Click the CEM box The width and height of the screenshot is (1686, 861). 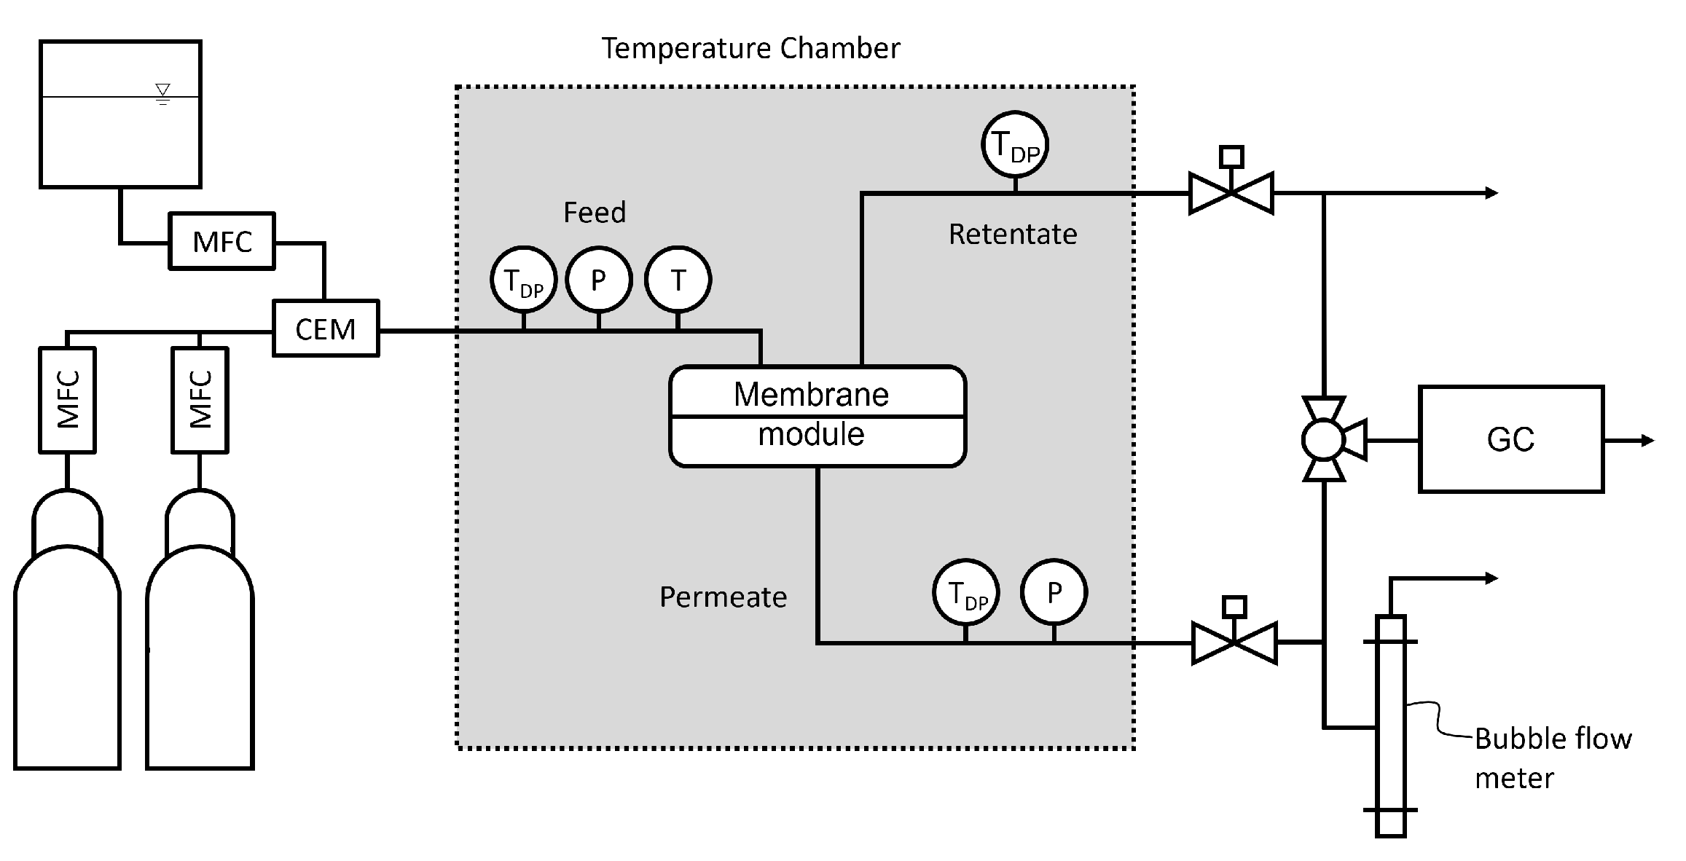[x=326, y=329]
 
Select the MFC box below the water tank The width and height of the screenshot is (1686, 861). [x=222, y=241]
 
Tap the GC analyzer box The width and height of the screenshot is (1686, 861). [x=1510, y=439]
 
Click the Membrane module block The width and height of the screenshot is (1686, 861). [x=817, y=416]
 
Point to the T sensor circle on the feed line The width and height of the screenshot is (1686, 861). [x=678, y=280]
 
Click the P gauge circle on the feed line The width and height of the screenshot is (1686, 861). [x=598, y=280]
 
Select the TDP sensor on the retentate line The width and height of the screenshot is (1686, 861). [x=1014, y=144]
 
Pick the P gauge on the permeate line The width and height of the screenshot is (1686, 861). [x=1054, y=592]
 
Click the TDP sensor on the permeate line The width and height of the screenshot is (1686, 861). [x=965, y=592]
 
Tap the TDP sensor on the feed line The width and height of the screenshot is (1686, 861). [x=523, y=280]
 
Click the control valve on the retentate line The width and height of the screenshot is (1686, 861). [x=1231, y=193]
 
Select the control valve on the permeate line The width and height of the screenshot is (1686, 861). [x=1234, y=642]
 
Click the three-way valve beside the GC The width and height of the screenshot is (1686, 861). [x=1323, y=439]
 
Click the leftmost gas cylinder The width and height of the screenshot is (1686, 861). [x=67, y=641]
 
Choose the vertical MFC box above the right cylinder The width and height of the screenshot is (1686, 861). [x=200, y=399]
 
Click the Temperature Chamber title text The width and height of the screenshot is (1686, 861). [x=750, y=49]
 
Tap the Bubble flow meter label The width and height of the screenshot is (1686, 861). [x=1552, y=758]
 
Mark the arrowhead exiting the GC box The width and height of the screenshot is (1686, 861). [x=1647, y=440]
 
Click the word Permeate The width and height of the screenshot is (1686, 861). [x=723, y=597]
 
